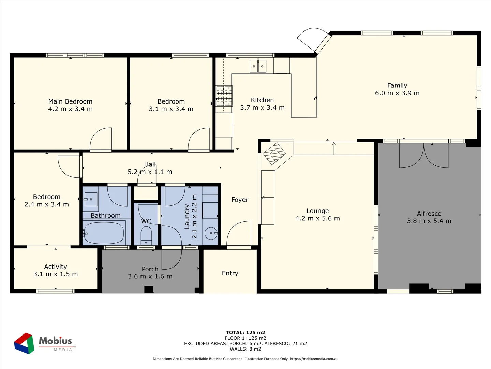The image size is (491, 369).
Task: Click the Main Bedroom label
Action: point(70,101)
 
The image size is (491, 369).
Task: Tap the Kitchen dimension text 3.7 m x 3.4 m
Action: point(262,108)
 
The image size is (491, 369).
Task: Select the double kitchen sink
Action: point(258,66)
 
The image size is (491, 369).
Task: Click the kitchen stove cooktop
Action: point(224,96)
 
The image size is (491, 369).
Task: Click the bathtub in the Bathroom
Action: point(104,233)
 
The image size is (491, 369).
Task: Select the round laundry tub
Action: point(211,233)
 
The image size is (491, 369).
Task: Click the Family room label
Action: point(397,85)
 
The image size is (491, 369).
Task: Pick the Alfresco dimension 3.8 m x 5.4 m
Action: point(429,221)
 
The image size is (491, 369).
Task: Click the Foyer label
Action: point(240,200)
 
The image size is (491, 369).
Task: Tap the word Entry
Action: point(230,273)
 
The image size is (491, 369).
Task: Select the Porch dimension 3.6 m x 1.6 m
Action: point(150,276)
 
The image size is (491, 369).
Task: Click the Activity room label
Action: point(56,267)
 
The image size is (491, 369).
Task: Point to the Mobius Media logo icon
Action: point(24,343)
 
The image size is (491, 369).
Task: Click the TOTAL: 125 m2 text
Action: point(245,332)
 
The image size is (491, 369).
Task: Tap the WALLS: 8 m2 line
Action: point(245,349)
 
